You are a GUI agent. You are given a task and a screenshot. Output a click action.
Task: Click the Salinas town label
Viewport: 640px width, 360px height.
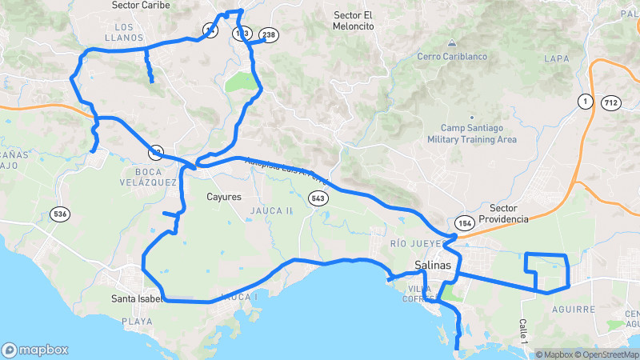433,265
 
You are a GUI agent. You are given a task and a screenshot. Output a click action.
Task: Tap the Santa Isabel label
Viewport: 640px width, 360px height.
137,299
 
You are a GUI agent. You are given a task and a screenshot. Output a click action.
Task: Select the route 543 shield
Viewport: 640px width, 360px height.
318,198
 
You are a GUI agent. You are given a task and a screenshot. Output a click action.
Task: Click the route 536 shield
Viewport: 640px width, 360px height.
59,214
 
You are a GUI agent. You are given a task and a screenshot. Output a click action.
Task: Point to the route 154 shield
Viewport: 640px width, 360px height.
465,222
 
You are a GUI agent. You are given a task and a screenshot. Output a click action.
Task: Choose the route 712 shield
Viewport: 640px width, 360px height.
611,102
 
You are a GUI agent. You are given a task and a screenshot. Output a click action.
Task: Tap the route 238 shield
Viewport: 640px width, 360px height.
269,34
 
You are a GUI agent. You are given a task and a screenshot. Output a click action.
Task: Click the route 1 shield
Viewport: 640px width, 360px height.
586,101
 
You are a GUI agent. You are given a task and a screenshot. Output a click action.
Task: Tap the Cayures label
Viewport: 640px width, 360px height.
223,197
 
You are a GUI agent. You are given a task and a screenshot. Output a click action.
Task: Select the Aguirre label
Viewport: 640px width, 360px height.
574,309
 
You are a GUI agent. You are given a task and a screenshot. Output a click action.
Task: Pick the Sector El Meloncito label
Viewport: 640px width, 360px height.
354,20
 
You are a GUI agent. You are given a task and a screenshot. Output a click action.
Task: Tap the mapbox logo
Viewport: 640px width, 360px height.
34,350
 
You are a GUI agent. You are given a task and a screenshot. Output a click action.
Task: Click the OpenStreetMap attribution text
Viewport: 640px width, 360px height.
606,354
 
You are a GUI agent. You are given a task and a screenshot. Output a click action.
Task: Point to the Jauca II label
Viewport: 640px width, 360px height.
278,210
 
